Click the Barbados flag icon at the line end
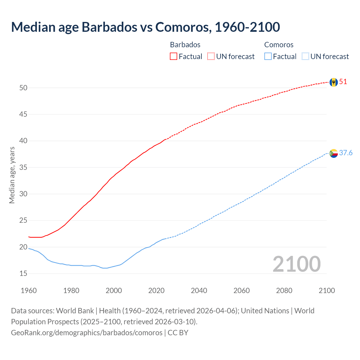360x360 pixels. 334,82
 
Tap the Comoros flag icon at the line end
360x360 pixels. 334,153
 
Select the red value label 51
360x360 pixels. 343,82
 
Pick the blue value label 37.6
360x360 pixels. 346,153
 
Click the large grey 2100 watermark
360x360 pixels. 296,264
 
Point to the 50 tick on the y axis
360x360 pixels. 23,88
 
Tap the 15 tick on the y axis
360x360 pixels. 23,274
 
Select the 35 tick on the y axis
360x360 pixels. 23,168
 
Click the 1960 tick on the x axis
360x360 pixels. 29,291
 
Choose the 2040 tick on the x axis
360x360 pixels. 199,291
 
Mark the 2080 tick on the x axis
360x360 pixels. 284,291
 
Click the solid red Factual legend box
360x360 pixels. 174,57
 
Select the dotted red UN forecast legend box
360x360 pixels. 211,57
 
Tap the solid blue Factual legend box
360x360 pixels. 268,57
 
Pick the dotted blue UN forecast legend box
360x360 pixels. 305,57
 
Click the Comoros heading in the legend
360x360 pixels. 279,45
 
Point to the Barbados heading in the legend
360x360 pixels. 185,45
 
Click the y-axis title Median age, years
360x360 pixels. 12,175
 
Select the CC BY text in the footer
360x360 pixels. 178,333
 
